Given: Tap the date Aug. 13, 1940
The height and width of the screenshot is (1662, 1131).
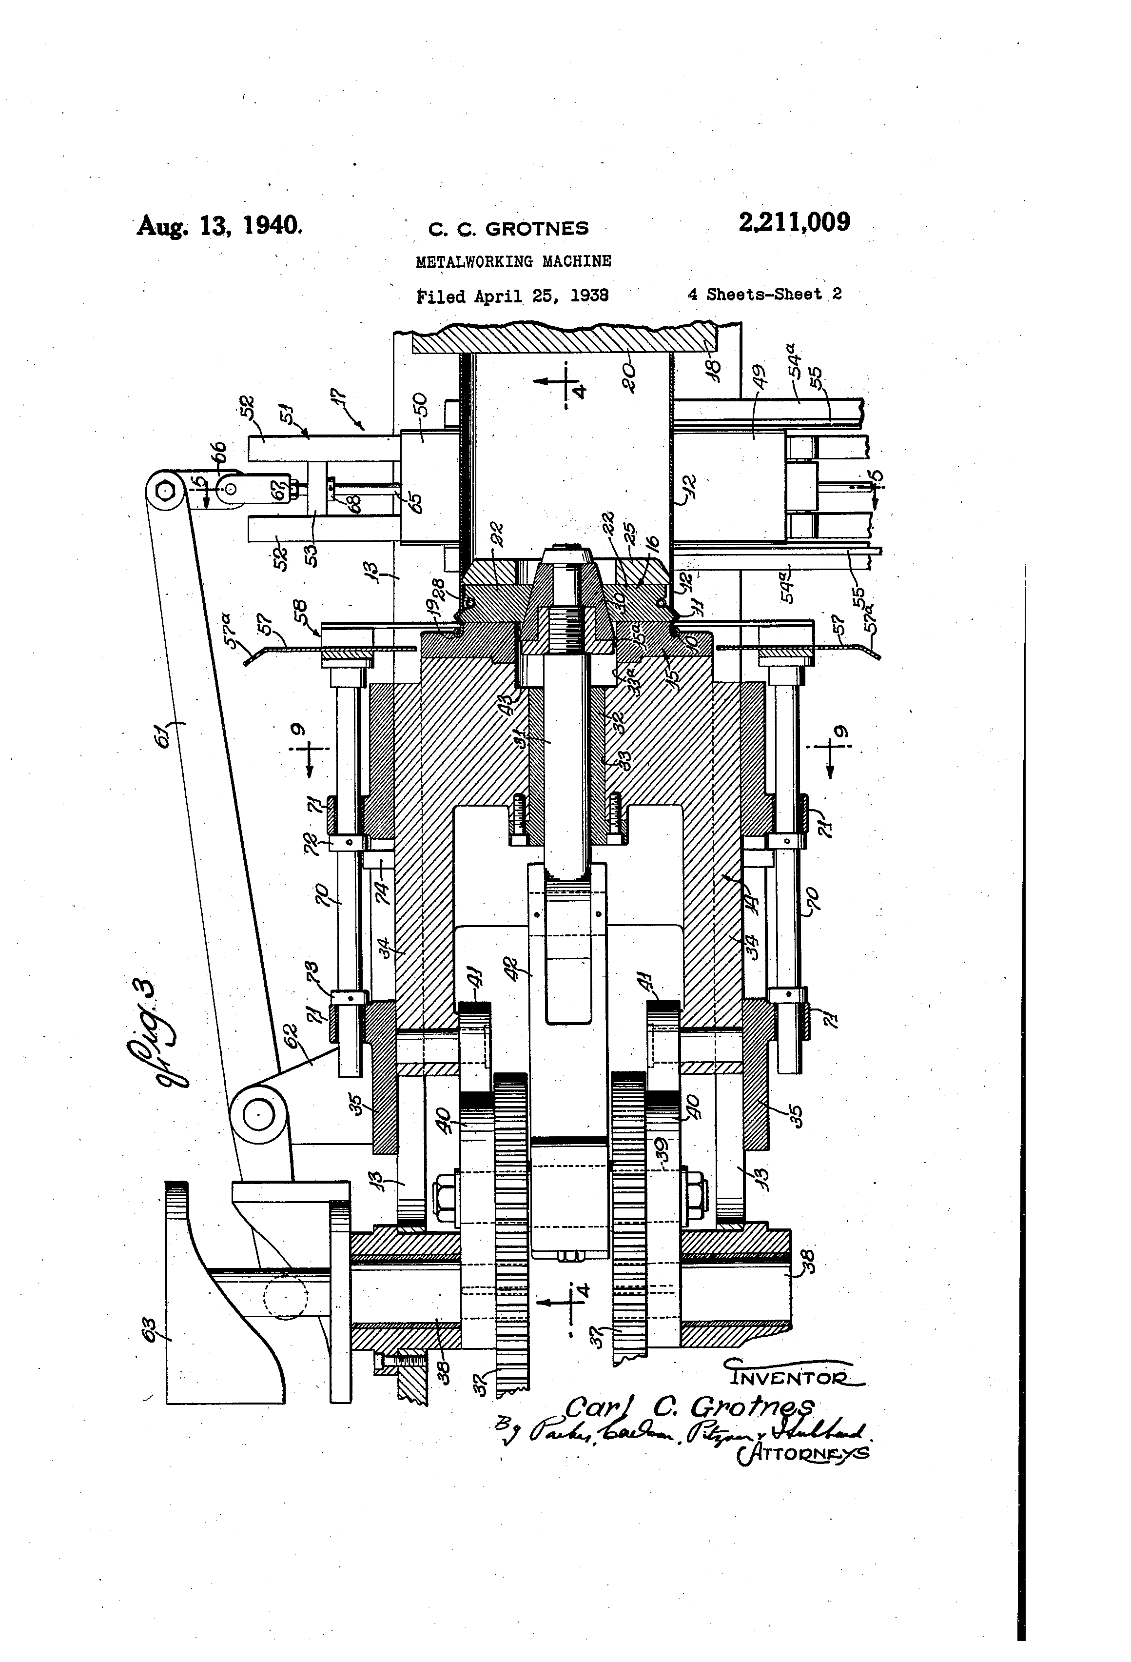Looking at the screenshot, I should coord(219,225).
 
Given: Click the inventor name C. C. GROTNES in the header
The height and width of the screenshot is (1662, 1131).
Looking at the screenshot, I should coord(508,229).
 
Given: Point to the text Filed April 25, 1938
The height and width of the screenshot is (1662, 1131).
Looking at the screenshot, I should coord(512,296).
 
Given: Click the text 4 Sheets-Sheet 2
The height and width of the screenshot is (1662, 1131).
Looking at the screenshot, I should coord(764,294).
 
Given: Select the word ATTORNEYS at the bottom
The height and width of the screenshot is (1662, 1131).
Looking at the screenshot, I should coord(802,1453).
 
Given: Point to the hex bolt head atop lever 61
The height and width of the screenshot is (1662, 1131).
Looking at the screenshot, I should coord(166,491).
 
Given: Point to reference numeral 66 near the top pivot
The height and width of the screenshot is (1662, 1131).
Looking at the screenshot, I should coord(219,454).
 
